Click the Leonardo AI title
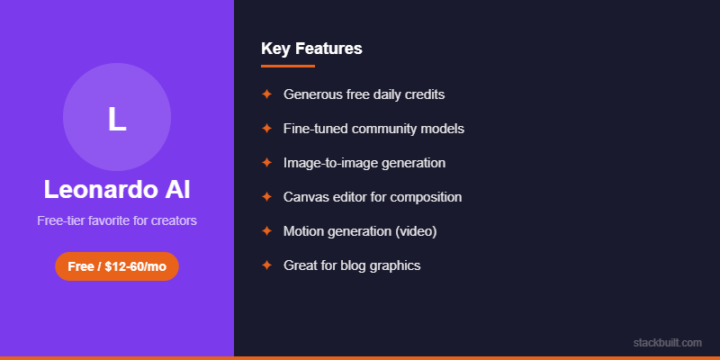click(x=117, y=190)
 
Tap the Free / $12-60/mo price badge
click(x=117, y=266)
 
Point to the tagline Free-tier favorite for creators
click(x=117, y=220)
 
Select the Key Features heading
click(x=311, y=49)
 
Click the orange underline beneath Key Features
click(x=288, y=66)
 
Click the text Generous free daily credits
click(x=364, y=94)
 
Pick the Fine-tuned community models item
click(x=373, y=128)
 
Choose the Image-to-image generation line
click(x=364, y=163)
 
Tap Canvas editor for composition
click(x=372, y=197)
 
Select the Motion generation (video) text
click(x=359, y=231)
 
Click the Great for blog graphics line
click(x=352, y=265)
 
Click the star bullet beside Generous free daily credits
click(x=266, y=94)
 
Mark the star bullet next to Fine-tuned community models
click(x=266, y=128)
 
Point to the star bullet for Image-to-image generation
click(x=266, y=163)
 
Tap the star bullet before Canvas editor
click(x=266, y=197)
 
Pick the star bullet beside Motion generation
click(x=266, y=231)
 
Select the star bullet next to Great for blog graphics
click(x=266, y=265)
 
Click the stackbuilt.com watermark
click(x=667, y=343)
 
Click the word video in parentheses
click(x=415, y=231)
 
